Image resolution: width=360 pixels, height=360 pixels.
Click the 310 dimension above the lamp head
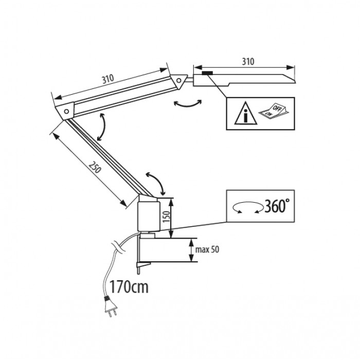pyautogui.click(x=248, y=61)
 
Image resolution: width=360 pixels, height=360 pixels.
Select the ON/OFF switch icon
pyautogui.click(x=273, y=112)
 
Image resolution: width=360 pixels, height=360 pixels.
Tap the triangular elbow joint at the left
pyautogui.click(x=65, y=110)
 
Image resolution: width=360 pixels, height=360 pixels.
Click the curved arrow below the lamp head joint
pyautogui.click(x=186, y=103)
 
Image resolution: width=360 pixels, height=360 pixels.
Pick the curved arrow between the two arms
pyautogui.click(x=102, y=126)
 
